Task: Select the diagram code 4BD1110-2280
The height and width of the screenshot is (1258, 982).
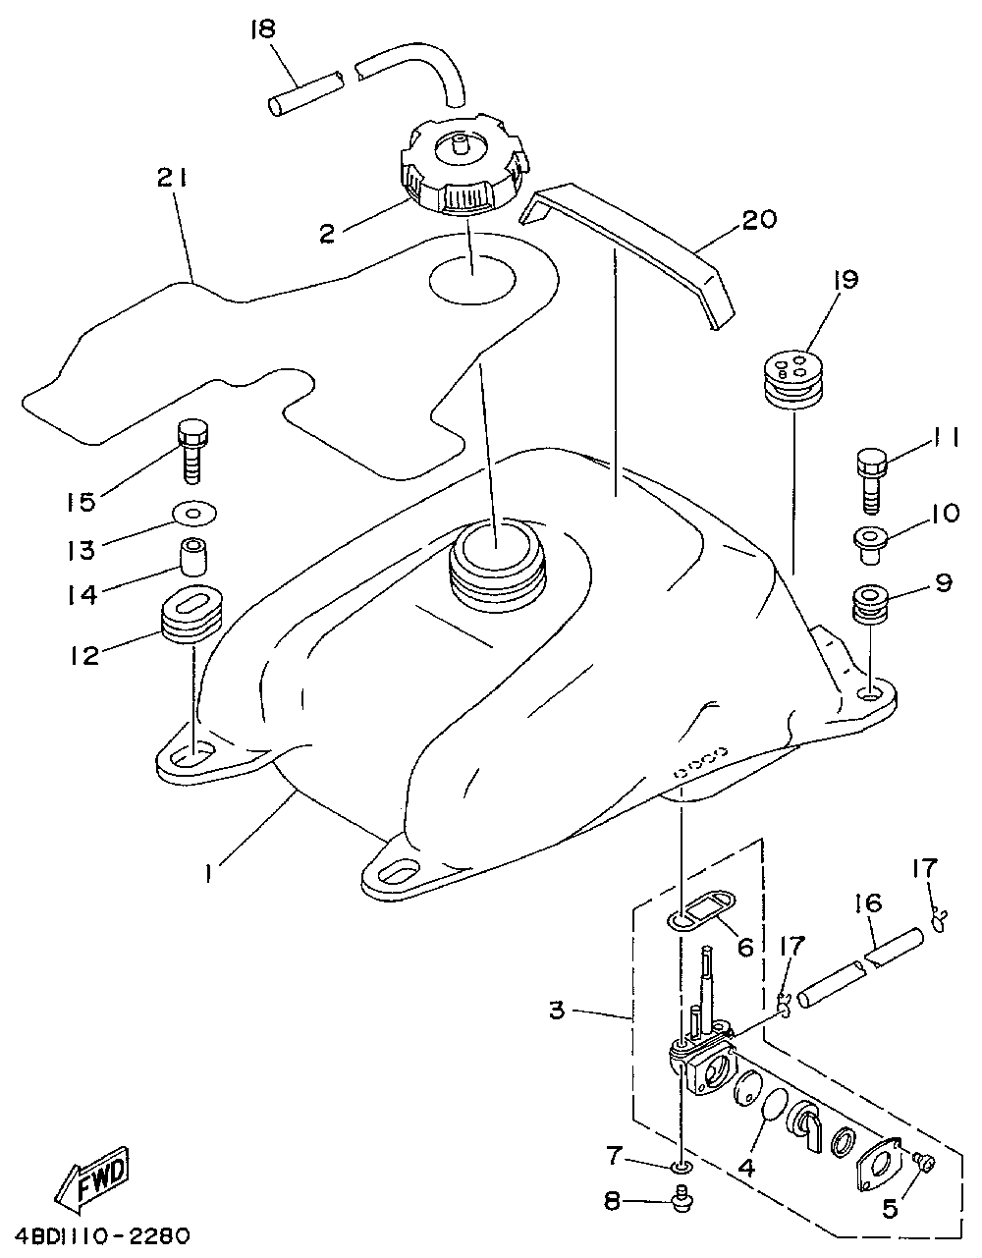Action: tap(103, 1237)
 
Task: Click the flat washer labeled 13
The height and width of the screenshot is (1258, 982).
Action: tap(194, 513)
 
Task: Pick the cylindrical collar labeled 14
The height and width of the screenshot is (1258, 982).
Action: tap(192, 557)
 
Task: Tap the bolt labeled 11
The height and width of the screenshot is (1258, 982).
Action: tap(871, 480)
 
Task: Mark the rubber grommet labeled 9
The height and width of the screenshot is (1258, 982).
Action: tap(870, 605)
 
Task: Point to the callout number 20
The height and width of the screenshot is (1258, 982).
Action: tap(759, 221)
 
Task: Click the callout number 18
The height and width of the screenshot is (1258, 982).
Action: tap(264, 28)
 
